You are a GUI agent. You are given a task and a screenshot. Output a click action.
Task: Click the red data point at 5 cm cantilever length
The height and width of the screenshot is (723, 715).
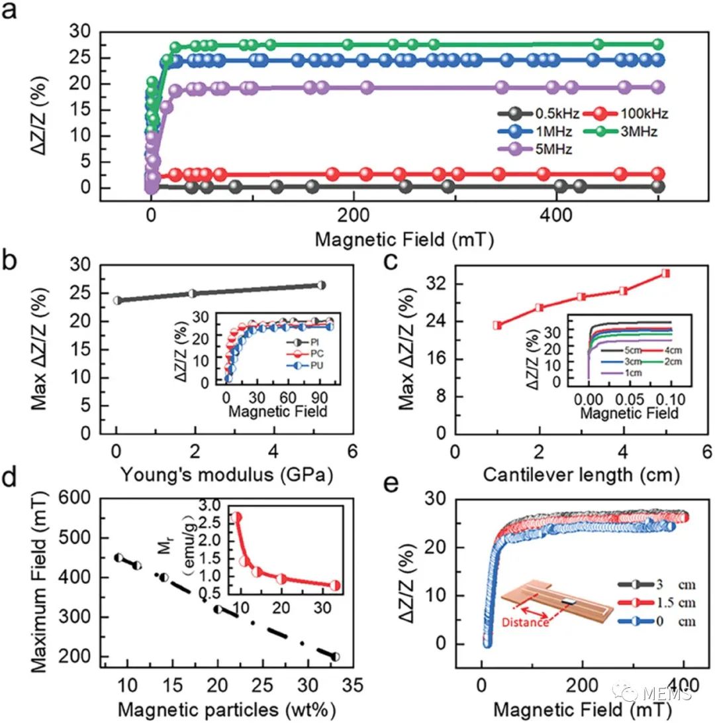(665, 273)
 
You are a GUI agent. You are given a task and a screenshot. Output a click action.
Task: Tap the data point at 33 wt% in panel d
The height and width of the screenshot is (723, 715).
(336, 657)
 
